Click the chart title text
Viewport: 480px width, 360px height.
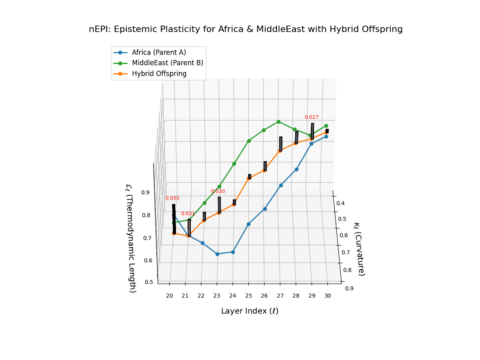pos(246,29)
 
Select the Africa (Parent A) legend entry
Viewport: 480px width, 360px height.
pos(159,52)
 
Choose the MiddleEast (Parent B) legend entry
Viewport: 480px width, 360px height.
pos(167,63)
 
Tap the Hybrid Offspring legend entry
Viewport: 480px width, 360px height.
pos(159,74)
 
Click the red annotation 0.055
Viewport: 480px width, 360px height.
pos(172,198)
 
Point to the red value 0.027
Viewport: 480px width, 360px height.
pos(312,117)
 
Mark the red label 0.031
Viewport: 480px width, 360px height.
pos(188,214)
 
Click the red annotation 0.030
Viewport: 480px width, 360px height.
pos(218,191)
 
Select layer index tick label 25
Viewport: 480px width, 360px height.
pos(248,296)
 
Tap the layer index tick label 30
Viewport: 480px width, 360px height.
pos(328,296)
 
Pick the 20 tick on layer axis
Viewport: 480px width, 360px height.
pos(170,296)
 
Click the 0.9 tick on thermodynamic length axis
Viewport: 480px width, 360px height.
pos(145,192)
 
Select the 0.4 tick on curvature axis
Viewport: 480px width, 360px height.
pos(340,203)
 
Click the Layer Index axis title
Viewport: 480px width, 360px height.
pos(250,311)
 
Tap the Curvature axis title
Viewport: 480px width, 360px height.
pos(359,249)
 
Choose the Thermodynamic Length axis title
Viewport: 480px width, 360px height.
pos(131,238)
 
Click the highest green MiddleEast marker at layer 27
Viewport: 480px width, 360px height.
pos(278,122)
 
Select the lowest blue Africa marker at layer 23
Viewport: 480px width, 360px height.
pos(217,254)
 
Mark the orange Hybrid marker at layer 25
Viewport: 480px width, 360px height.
pos(248,178)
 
